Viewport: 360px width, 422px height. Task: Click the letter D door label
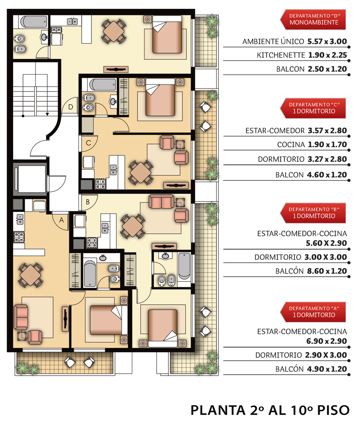[70, 107]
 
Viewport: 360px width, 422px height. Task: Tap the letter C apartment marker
[88, 143]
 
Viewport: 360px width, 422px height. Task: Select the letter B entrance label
[88, 202]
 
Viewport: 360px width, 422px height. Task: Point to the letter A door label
[61, 220]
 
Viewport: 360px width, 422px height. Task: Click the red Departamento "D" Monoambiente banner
[313, 19]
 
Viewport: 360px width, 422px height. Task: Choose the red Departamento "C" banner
[313, 108]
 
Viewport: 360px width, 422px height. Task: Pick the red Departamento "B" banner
[313, 213]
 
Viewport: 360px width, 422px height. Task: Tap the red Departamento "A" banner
[313, 312]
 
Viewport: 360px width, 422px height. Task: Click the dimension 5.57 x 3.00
[327, 41]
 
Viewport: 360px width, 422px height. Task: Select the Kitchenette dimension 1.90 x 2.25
[328, 55]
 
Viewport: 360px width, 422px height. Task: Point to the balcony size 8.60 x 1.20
[327, 271]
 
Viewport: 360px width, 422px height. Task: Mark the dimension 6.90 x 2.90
[327, 341]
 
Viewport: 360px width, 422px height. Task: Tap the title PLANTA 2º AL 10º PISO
[270, 410]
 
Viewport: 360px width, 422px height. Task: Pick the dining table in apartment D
[114, 31]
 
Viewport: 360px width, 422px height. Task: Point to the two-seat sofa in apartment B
[161, 202]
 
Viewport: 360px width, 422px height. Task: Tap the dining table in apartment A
[31, 275]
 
